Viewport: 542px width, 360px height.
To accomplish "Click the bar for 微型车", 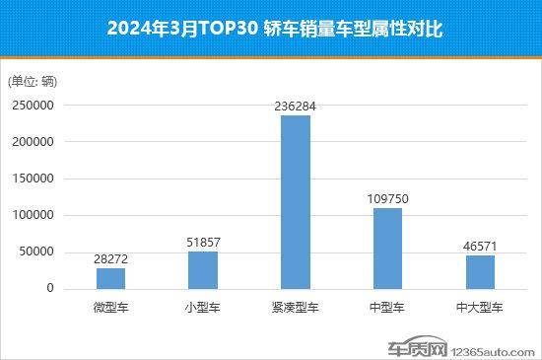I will (x=109, y=278).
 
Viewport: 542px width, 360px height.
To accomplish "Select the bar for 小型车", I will (x=202, y=269).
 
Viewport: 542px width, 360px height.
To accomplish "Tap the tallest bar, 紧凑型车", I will (x=296, y=202).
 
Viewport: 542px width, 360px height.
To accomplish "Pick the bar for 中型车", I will (x=388, y=248).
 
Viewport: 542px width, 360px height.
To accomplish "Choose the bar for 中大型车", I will (x=481, y=271).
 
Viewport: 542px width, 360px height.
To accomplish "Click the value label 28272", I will (x=109, y=258).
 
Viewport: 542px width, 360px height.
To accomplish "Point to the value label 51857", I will (x=202, y=242).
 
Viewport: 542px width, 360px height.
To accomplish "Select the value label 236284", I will (x=296, y=106).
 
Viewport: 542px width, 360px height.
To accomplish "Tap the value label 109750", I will (x=388, y=198).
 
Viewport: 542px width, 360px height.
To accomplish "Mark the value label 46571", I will (x=481, y=246).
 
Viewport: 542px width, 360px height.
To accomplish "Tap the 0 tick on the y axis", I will (x=47, y=289).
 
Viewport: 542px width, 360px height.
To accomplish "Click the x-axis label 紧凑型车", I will (x=296, y=308).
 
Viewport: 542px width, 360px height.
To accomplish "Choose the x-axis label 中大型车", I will (x=481, y=308).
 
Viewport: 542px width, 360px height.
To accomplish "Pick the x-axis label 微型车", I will (x=109, y=308).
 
